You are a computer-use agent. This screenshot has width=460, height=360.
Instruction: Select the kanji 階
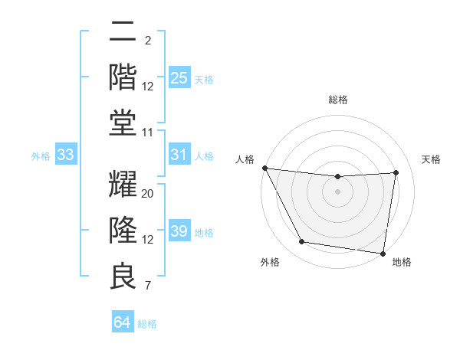click(x=123, y=77)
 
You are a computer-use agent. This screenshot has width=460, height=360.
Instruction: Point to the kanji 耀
click(x=123, y=185)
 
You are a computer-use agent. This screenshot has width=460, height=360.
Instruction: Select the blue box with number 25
click(x=179, y=77)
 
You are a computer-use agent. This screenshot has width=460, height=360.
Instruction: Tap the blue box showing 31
click(x=179, y=155)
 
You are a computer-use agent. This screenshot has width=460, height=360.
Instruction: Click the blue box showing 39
click(x=179, y=231)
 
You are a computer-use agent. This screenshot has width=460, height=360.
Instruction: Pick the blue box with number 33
click(x=66, y=155)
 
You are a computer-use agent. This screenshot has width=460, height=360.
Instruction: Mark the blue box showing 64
click(x=122, y=322)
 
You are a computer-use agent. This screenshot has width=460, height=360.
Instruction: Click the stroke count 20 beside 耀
click(x=148, y=194)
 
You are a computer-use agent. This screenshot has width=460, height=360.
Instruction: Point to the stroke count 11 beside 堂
click(x=148, y=133)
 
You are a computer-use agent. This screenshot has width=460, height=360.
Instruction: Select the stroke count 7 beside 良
click(x=147, y=286)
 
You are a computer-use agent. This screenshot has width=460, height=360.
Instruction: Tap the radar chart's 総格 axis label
click(x=338, y=100)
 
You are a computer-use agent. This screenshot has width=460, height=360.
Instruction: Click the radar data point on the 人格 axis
click(x=264, y=168)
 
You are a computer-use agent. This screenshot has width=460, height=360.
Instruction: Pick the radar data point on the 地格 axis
click(x=383, y=252)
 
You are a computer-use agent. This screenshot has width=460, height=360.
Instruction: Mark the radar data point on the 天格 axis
click(x=396, y=172)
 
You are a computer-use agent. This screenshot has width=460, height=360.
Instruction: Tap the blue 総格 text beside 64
click(x=147, y=323)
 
